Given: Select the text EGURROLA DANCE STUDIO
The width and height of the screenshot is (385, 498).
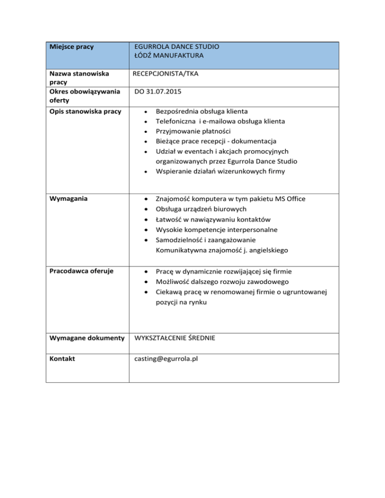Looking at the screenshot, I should click(176, 47).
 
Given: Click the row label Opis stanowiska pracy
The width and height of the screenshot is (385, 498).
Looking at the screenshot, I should click(85, 111).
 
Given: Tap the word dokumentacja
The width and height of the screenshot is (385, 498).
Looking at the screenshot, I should click(253, 142).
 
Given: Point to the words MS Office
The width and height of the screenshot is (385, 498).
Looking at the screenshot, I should click(287, 199).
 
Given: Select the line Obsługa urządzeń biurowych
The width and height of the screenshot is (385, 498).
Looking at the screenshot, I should click(201, 209).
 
